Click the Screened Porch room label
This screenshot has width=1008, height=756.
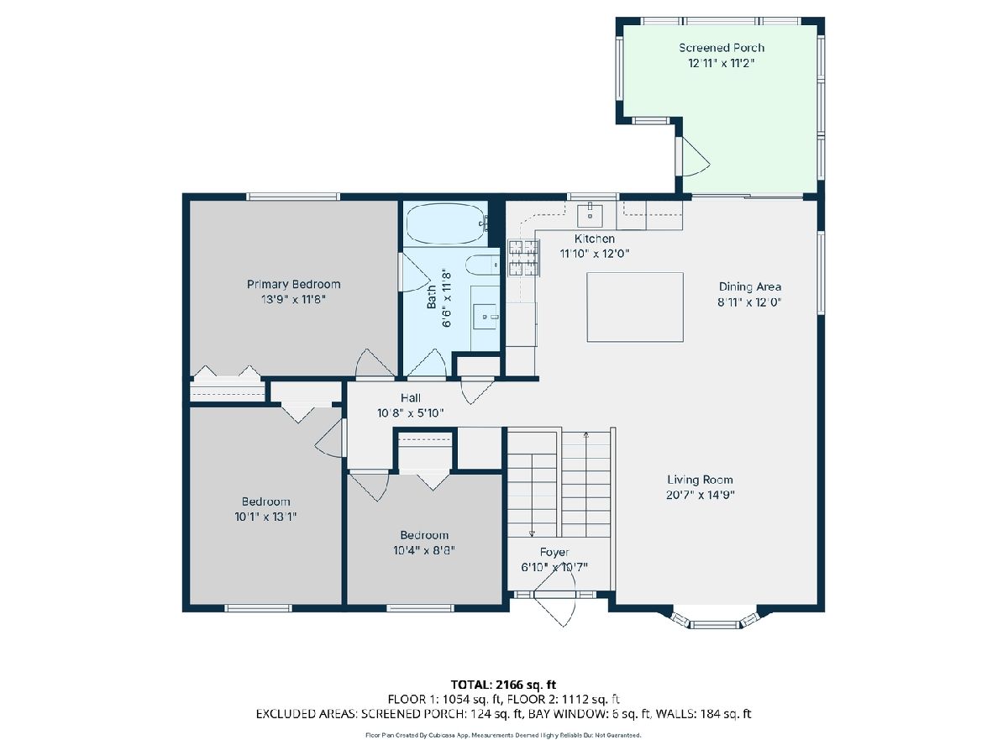(721, 48)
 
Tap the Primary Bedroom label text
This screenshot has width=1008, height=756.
(294, 285)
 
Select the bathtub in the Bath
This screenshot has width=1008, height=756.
(445, 223)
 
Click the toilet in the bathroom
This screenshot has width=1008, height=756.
(482, 265)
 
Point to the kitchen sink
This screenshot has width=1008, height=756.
(590, 216)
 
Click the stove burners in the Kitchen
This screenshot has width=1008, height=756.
(523, 258)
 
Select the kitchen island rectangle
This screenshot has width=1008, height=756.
(635, 307)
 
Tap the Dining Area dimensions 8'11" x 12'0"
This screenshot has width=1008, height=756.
(749, 302)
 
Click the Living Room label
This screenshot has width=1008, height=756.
(700, 480)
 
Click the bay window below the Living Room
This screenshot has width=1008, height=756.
(715, 620)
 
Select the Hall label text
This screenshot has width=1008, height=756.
(411, 398)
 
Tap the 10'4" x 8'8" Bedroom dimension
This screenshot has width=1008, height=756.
(424, 550)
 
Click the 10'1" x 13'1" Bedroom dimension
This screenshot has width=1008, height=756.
(265, 517)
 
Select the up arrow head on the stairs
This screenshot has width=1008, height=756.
(586, 433)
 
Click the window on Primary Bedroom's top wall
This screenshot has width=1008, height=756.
(293, 197)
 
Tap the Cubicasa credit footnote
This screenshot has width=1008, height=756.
(503, 735)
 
